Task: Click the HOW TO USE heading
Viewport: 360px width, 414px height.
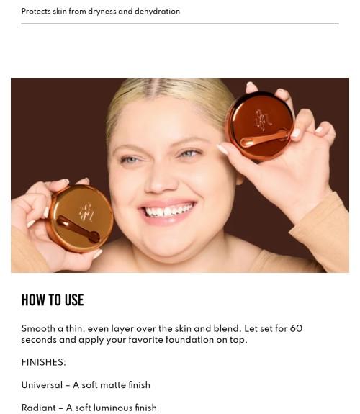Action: (x=53, y=300)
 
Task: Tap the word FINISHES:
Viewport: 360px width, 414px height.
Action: (x=43, y=362)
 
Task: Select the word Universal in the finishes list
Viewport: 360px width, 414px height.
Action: (x=41, y=385)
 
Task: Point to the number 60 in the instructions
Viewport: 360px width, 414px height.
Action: (x=296, y=328)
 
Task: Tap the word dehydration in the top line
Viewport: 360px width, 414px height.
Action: (x=157, y=12)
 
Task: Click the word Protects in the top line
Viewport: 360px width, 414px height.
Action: (x=36, y=12)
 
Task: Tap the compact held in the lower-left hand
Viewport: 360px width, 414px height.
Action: (x=79, y=218)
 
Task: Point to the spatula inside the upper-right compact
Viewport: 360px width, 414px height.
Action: (x=266, y=139)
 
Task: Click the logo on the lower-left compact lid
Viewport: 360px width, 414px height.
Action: (x=86, y=211)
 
